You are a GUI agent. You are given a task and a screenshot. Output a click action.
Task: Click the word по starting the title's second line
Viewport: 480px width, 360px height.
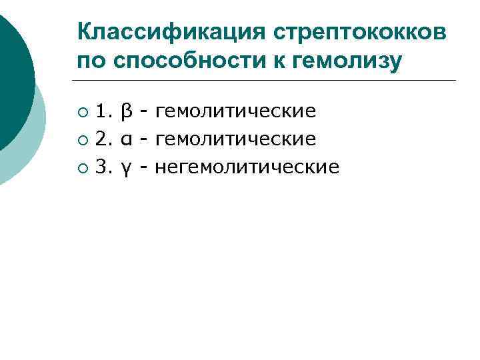tap(91, 62)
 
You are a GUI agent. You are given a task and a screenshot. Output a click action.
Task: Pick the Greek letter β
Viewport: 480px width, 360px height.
tap(126, 111)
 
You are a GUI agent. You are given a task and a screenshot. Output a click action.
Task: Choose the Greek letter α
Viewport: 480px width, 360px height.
tap(126, 139)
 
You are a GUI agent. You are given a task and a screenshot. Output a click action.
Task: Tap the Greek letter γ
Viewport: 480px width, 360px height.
tap(126, 168)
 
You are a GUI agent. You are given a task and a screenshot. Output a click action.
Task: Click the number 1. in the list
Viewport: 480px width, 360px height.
tap(104, 111)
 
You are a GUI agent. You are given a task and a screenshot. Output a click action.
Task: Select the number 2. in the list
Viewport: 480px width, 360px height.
tap(104, 139)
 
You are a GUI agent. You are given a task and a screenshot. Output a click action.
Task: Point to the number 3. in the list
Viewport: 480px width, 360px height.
tap(104, 167)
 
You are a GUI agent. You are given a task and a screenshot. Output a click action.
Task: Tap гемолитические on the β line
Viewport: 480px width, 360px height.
tap(235, 111)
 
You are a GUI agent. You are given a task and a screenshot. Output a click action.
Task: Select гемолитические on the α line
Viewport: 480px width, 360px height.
tap(235, 139)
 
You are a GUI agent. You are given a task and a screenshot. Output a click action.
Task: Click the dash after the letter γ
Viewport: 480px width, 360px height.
tap(144, 167)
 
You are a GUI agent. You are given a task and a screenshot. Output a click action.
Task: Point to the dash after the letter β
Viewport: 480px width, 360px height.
tap(144, 111)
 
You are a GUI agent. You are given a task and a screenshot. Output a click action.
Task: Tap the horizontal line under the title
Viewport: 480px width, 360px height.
tap(267, 81)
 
